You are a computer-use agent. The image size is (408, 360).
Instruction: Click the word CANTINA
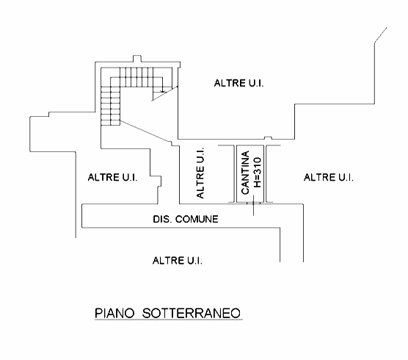(245, 173)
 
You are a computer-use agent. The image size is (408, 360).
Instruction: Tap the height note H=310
(258, 172)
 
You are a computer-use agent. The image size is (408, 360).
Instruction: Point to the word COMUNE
(197, 219)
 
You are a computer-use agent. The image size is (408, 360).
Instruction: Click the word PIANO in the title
(114, 313)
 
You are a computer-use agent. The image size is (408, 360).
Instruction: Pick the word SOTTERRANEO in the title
(192, 313)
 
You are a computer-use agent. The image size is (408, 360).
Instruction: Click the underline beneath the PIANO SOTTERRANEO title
(169, 320)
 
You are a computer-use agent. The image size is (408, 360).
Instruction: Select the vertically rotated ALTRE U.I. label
(200, 173)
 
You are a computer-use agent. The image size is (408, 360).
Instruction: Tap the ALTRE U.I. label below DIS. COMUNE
(178, 261)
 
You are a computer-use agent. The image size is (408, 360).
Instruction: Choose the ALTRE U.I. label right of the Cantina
(329, 178)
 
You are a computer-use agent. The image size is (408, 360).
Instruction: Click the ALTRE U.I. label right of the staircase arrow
(239, 83)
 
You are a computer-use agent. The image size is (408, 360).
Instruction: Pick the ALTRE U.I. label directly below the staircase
(113, 177)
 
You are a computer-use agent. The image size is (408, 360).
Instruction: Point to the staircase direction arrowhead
(163, 91)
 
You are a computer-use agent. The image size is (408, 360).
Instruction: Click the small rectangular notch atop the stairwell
(137, 59)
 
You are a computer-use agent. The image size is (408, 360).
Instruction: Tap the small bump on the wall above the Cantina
(268, 138)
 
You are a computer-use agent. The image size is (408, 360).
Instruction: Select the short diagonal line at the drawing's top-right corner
(380, 35)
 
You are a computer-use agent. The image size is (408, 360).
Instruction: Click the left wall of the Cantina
(236, 173)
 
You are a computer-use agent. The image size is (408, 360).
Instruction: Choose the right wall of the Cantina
(265, 173)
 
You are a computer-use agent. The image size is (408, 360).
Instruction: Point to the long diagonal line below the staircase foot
(146, 131)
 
